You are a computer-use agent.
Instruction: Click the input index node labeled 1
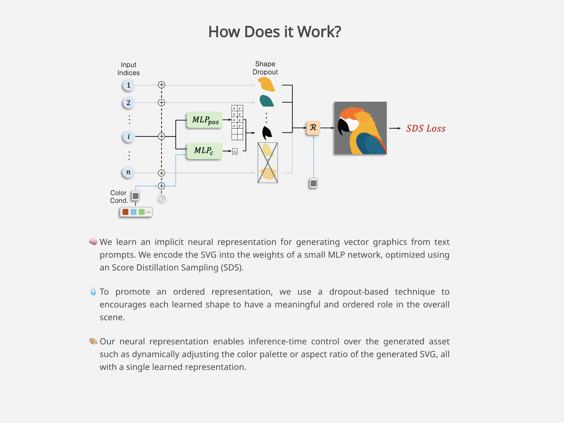(129, 85)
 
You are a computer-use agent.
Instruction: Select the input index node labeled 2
(129, 103)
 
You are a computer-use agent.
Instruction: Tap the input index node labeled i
(129, 136)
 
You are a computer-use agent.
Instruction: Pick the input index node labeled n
(129, 172)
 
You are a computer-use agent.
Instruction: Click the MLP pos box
(205, 120)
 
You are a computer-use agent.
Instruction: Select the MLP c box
(205, 151)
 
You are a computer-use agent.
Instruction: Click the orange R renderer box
(313, 127)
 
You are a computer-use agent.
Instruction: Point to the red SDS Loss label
(426, 129)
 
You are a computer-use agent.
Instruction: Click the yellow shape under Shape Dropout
(266, 84)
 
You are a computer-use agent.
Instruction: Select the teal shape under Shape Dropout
(266, 101)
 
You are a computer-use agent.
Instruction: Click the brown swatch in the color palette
(125, 212)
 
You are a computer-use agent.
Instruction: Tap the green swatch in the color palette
(142, 212)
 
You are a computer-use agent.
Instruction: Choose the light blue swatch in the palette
(133, 212)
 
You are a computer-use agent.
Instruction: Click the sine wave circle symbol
(161, 199)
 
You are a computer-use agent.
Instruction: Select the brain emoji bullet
(93, 242)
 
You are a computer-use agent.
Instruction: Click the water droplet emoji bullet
(93, 291)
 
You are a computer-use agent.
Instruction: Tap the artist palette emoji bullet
(93, 341)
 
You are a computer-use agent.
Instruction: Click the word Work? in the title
(319, 32)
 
